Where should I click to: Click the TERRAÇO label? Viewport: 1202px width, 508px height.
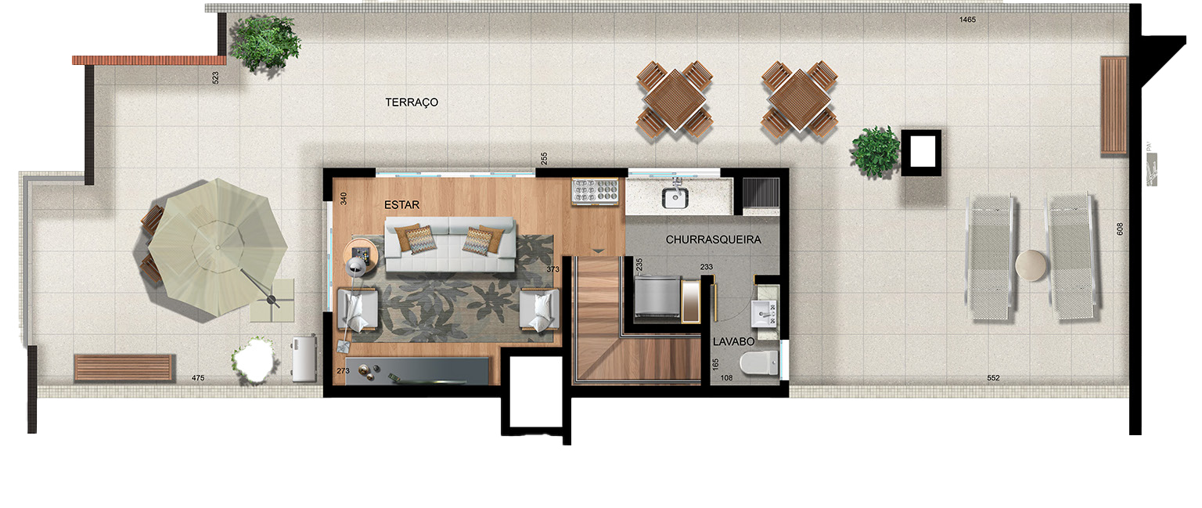click(412, 103)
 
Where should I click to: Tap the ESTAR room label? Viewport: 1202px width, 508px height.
click(402, 205)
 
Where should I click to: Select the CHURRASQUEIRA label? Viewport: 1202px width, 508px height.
click(713, 240)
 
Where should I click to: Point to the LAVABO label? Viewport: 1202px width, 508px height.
click(733, 342)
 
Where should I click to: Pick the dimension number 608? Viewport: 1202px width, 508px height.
click(1120, 229)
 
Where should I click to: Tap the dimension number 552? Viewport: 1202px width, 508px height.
click(993, 378)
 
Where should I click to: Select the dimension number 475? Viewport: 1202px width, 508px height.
click(198, 379)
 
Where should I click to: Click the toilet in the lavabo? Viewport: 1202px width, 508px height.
click(760, 362)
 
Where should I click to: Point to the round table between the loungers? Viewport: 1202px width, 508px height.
click(1031, 265)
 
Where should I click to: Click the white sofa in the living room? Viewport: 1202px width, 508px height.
click(450, 246)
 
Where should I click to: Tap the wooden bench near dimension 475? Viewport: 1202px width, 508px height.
click(124, 367)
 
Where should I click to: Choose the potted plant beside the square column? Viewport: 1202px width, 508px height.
click(876, 151)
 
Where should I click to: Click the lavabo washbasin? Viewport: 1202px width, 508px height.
click(763, 312)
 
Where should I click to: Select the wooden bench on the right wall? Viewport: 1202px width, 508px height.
click(1114, 105)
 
